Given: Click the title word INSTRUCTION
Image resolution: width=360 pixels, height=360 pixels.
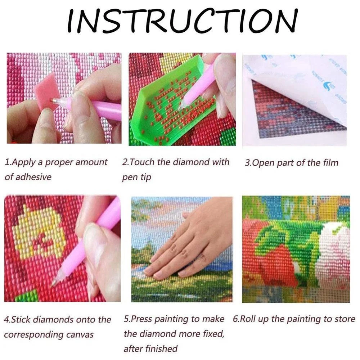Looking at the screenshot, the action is click(x=183, y=21).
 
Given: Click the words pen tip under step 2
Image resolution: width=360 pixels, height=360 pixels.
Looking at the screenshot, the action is click(x=136, y=177).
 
